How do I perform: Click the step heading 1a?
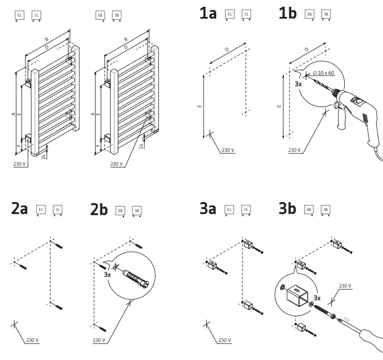pyautogui.click(x=208, y=14)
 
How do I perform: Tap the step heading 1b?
pyautogui.click(x=287, y=14)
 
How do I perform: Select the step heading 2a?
pyautogui.click(x=19, y=209)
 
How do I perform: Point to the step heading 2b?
pyautogui.click(x=99, y=210)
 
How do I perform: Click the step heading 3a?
pyautogui.click(x=208, y=209)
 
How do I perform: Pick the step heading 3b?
pyautogui.click(x=287, y=209)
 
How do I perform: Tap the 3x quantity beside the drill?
pyautogui.click(x=298, y=84)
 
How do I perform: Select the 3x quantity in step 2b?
pyautogui.click(x=107, y=275)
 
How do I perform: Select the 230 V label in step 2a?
pyautogui.click(x=32, y=340)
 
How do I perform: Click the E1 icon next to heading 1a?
pyautogui.click(x=230, y=14)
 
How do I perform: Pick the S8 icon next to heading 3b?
pyautogui.click(x=326, y=210)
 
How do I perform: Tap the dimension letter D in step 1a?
pyautogui.click(x=227, y=50)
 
